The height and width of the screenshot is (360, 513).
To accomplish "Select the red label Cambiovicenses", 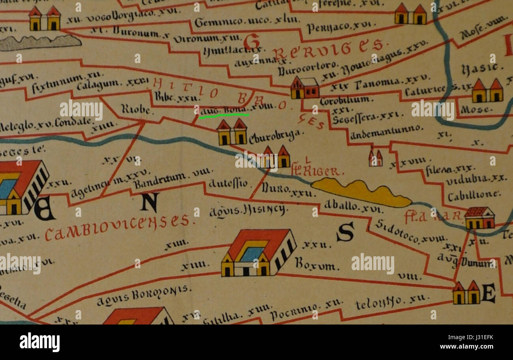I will (120, 228).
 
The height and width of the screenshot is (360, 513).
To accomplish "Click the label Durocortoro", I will (308, 68).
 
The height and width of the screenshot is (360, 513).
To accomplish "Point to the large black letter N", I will (150, 201).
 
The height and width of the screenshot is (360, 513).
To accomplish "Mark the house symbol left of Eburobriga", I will (232, 132).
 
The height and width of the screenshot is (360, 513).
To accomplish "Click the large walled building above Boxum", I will (258, 253).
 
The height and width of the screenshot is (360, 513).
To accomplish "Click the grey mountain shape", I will (39, 43).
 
